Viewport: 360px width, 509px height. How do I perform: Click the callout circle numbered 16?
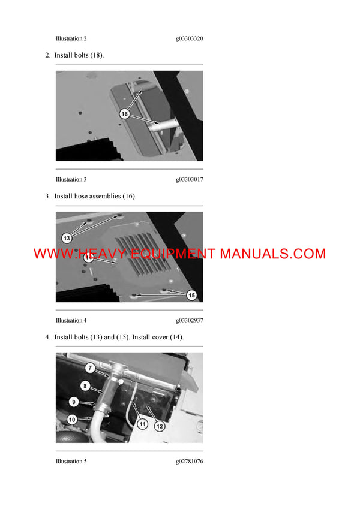(125, 113)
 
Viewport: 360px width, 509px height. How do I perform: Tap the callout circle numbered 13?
(67, 238)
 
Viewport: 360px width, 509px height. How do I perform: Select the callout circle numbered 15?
(191, 294)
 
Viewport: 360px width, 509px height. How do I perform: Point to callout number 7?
(89, 368)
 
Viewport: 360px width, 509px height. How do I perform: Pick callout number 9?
(74, 402)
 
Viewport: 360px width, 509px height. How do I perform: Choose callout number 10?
(71, 420)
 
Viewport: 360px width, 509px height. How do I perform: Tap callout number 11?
(142, 424)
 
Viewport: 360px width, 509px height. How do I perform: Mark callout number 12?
(160, 426)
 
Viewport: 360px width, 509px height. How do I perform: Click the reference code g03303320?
(189, 38)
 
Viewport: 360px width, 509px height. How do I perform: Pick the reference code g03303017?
(189, 179)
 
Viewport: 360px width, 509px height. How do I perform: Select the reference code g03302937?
(189, 320)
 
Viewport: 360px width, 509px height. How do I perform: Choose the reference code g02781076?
(189, 461)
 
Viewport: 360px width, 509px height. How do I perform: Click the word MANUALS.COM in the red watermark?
(272, 254)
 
